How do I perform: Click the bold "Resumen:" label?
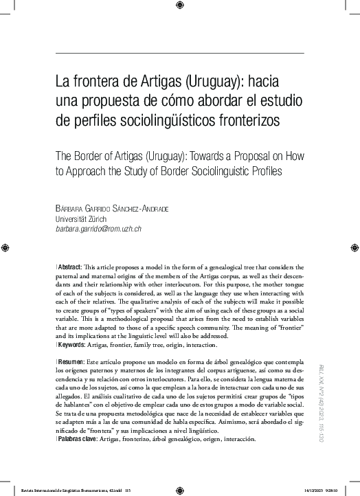pyautogui.click(x=69, y=361)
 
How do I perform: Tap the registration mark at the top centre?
pyautogui.click(x=179, y=7)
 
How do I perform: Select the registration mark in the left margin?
pyautogui.click(x=7, y=246)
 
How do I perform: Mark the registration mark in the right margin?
pyautogui.click(x=352, y=246)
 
